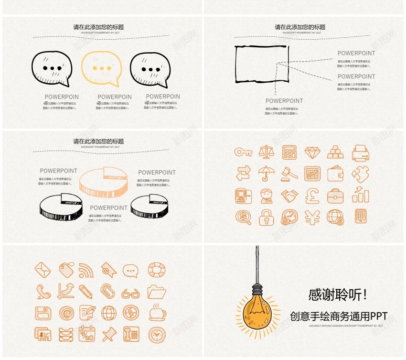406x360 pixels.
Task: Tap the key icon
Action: click(x=243, y=152)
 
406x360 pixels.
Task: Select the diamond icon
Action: click(x=313, y=152)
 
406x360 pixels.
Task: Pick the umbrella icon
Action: click(x=267, y=173)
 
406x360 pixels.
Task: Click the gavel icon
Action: click(x=289, y=173)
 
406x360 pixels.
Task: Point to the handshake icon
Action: click(x=289, y=196)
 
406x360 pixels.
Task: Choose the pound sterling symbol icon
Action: click(x=312, y=196)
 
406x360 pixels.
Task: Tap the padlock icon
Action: click(x=266, y=217)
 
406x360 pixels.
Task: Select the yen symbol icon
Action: click(x=312, y=218)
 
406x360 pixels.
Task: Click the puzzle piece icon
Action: click(x=360, y=173)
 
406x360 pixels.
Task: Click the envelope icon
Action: click(x=43, y=270)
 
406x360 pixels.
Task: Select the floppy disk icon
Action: click(x=43, y=314)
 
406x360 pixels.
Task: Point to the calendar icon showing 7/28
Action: click(x=87, y=334)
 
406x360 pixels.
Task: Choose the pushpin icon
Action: click(x=109, y=334)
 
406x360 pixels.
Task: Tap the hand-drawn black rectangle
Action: click(x=262, y=64)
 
